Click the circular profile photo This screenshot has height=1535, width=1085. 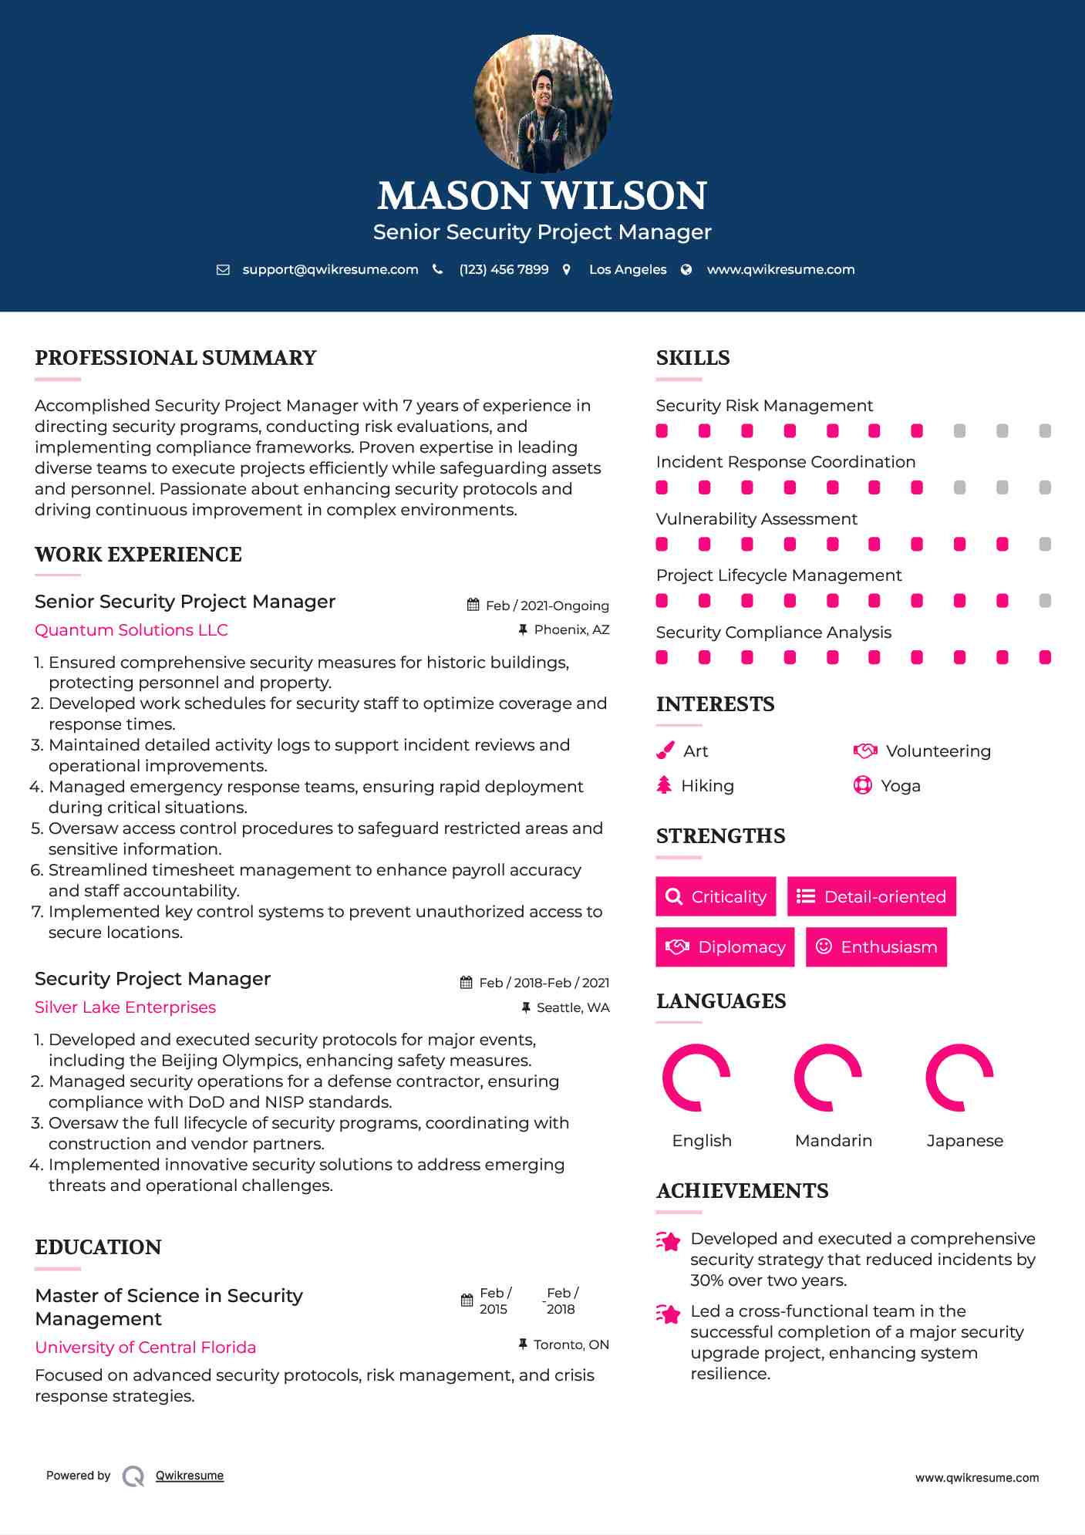542,103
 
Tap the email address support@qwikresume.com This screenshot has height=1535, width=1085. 330,269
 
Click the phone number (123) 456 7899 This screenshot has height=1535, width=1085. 504,269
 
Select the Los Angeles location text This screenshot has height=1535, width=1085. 627,269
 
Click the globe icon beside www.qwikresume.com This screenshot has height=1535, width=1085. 686,269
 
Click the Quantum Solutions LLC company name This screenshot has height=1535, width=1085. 131,629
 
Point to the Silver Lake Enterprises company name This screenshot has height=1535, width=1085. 125,1007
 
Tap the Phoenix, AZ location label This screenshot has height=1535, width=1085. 571,629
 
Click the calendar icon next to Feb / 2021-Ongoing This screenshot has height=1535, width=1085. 473,605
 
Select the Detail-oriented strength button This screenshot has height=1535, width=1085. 871,896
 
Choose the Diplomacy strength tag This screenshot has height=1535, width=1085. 725,946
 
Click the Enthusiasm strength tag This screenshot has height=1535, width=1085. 876,946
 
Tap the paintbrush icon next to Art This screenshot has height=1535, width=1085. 665,751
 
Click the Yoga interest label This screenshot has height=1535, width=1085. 900,785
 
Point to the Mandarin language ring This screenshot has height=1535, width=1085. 828,1078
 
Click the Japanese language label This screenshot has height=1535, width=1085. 965,1140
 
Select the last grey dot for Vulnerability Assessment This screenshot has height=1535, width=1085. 1045,544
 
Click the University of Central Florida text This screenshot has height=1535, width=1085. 145,1347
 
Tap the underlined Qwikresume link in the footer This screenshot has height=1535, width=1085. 190,1475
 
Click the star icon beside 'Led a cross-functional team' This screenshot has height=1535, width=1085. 669,1313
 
